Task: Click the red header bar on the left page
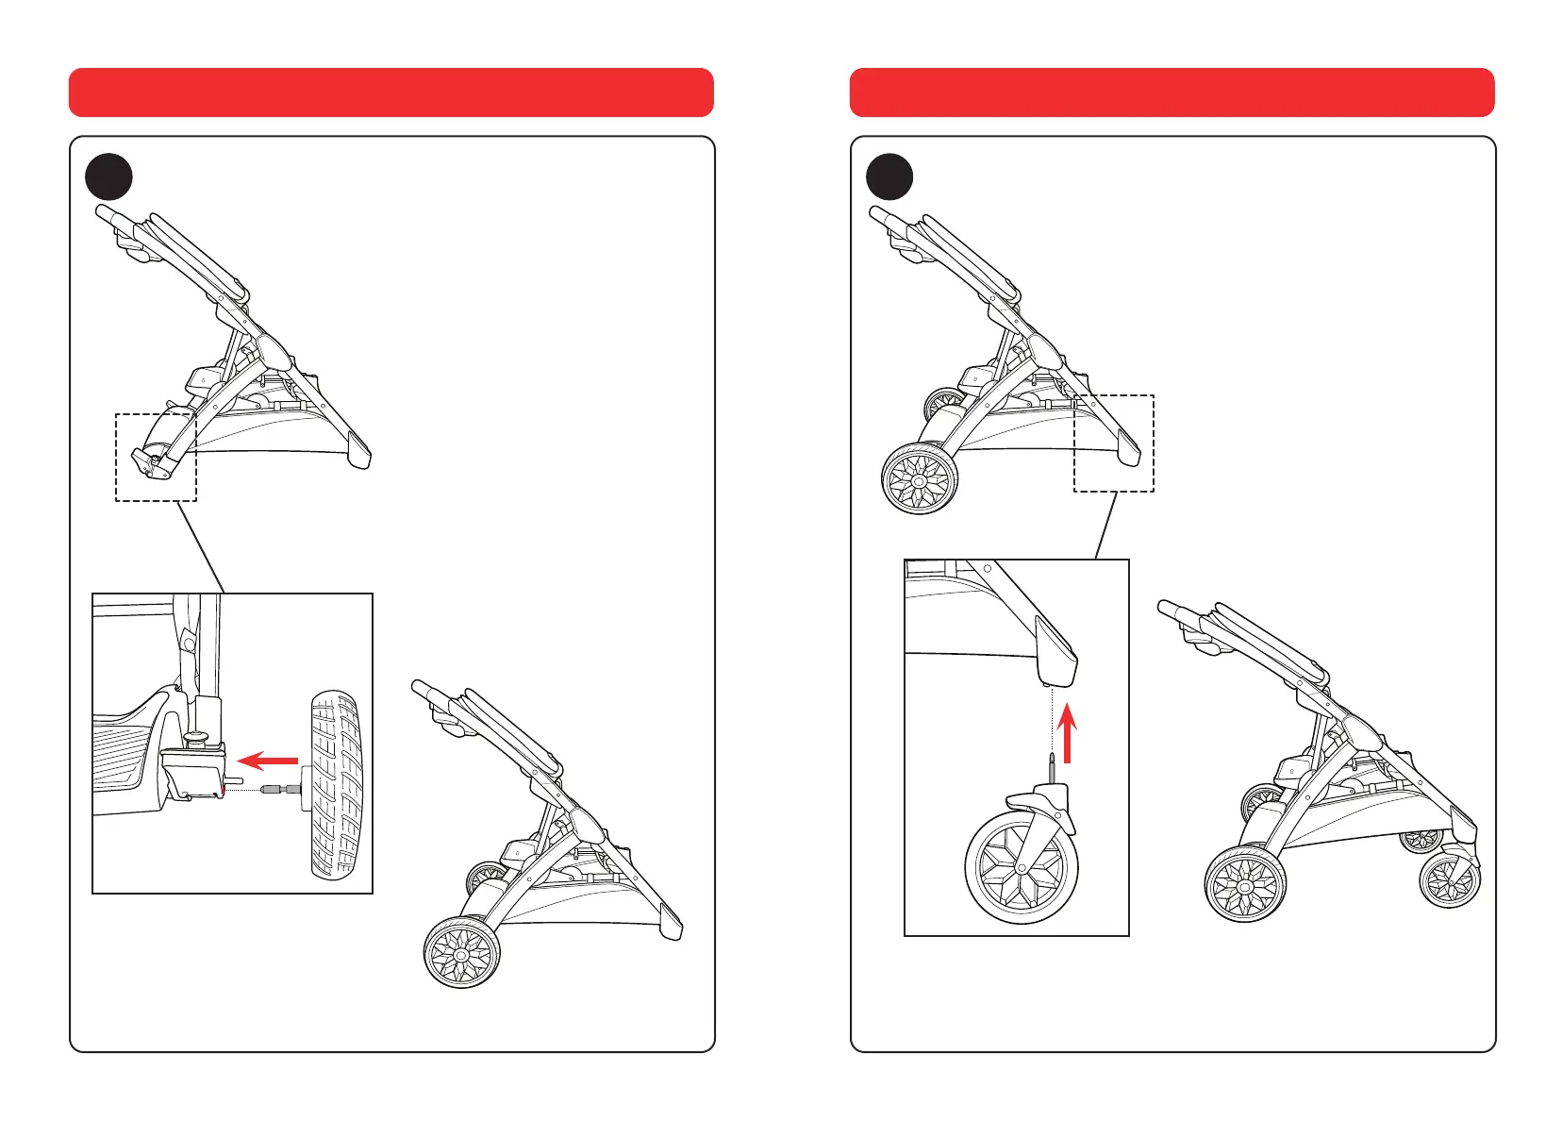tap(390, 92)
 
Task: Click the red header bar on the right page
tap(1171, 92)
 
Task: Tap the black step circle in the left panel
tap(108, 176)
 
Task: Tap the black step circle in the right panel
tap(889, 176)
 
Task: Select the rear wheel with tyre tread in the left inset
tap(337, 785)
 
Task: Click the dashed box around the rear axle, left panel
tap(156, 457)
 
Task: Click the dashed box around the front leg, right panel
tap(1113, 443)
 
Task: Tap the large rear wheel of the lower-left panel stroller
tap(461, 953)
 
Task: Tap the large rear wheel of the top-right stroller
tap(920, 479)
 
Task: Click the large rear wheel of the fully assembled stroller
tap(1245, 885)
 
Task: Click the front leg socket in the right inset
tap(1055, 652)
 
